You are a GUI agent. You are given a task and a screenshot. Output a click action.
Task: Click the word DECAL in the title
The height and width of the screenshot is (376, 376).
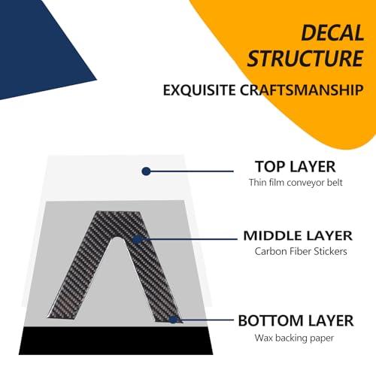point(332,32)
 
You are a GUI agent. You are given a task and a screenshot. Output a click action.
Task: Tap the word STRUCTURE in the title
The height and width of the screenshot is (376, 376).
point(305,58)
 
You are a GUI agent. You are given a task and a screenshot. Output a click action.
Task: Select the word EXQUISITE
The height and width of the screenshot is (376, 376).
point(199,90)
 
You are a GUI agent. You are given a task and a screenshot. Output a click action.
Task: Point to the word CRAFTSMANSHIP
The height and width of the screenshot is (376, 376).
point(302,90)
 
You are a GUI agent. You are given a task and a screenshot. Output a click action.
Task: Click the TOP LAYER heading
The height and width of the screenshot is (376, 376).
point(296,167)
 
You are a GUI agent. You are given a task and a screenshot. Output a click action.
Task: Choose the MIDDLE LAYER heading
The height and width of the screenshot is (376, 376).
point(298,236)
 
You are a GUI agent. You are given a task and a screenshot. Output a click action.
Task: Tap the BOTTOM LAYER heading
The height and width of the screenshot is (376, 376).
point(296,320)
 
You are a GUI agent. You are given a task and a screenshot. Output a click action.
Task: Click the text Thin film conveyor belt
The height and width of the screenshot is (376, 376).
point(296,183)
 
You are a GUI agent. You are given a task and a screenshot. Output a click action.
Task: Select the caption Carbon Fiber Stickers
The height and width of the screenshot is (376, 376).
point(301,251)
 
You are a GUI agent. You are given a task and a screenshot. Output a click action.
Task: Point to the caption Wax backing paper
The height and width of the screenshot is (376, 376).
point(294,338)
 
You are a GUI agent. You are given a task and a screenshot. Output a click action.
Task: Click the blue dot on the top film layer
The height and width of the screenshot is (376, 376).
point(146,171)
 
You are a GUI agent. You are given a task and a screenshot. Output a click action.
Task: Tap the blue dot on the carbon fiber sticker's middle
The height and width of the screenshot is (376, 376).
point(137,240)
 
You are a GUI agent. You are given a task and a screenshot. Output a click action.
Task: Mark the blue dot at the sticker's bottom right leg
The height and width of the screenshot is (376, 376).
point(173,320)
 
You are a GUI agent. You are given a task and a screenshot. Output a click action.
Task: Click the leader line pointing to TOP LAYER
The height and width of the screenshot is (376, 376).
point(190,171)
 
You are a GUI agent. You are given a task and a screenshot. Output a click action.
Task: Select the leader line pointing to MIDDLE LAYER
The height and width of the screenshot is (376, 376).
point(187,239)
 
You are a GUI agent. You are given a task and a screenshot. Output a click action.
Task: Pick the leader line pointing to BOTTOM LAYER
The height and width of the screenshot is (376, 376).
point(203,320)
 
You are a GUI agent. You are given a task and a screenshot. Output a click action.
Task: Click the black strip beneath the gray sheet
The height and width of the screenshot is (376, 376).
point(116,341)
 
